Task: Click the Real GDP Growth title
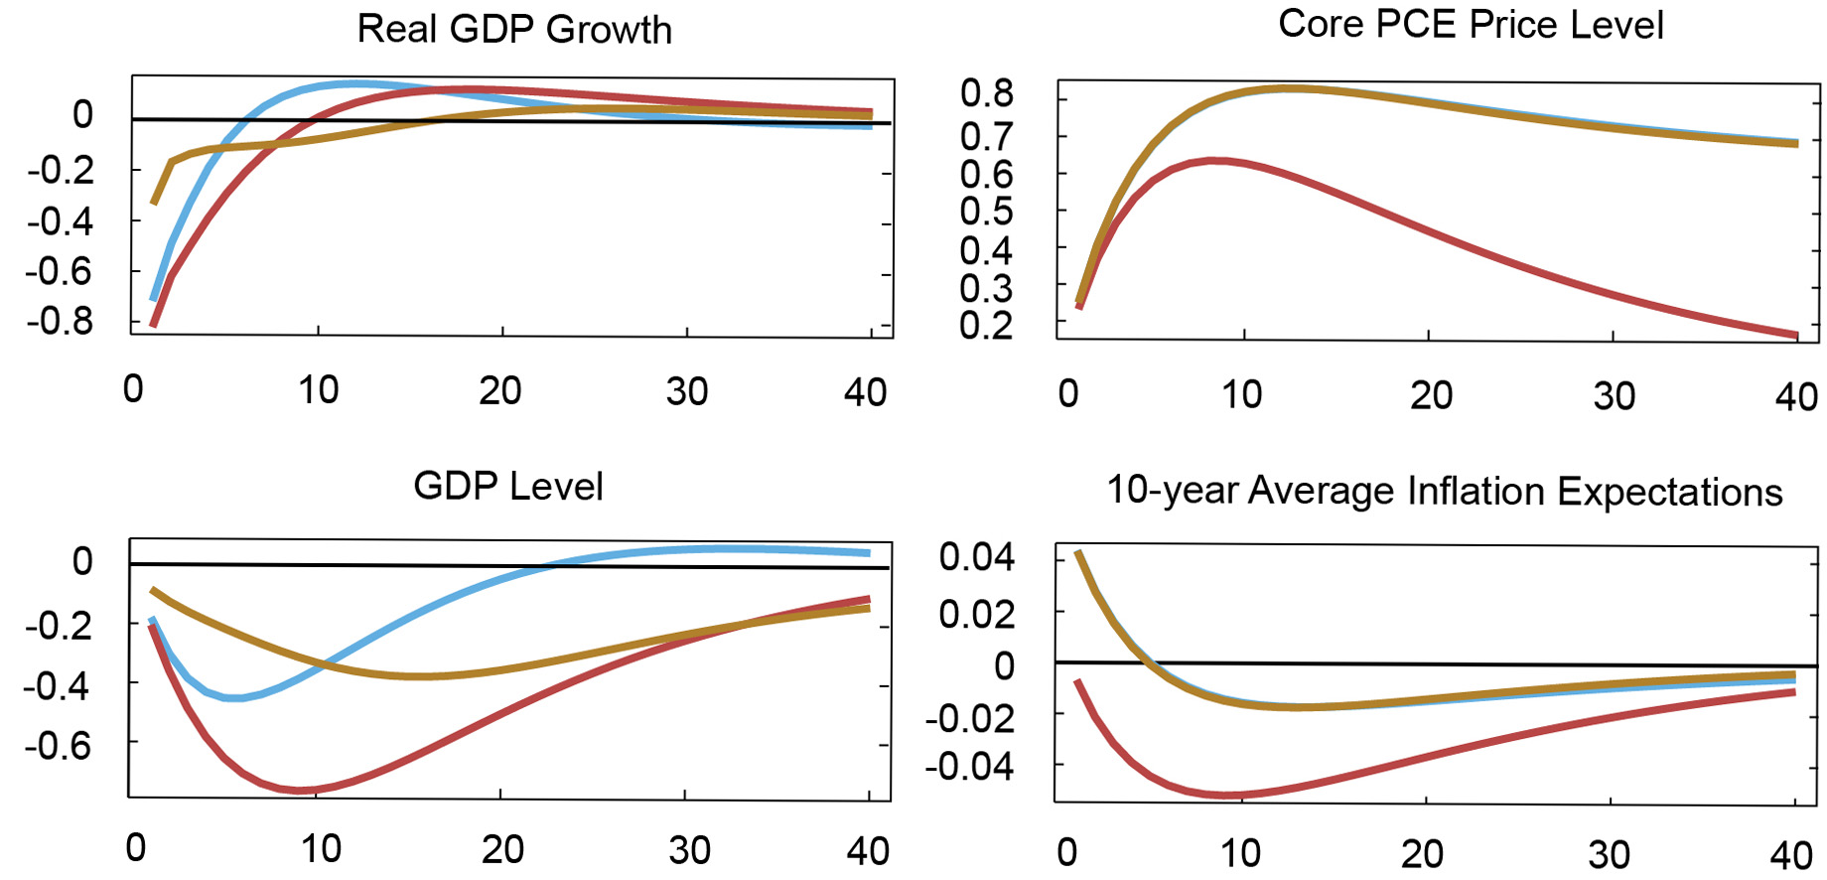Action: (x=514, y=30)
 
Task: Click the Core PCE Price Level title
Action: (x=1471, y=25)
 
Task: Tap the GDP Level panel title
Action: (x=507, y=487)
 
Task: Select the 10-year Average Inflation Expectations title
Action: (x=1444, y=492)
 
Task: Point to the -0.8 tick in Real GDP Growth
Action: (x=60, y=321)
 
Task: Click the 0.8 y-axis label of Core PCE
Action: (x=986, y=93)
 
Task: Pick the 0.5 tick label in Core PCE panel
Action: (x=986, y=212)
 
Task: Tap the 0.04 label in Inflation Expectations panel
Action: (x=976, y=557)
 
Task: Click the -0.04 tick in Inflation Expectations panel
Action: (x=969, y=767)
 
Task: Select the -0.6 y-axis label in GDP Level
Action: (x=58, y=745)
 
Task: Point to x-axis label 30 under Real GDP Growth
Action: (x=686, y=392)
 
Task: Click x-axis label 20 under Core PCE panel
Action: (x=1431, y=396)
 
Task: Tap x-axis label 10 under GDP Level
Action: (x=321, y=849)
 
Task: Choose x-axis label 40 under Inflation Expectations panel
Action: (x=1791, y=855)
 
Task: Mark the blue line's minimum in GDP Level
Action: (x=235, y=698)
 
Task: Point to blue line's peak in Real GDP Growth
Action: (x=354, y=83)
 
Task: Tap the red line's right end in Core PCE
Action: (x=1796, y=336)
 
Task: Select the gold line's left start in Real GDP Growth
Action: (x=153, y=203)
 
